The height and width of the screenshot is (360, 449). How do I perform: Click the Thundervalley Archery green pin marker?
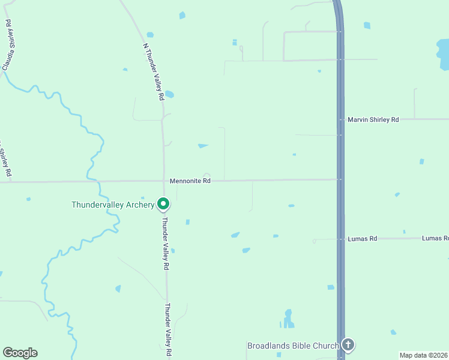point(163,204)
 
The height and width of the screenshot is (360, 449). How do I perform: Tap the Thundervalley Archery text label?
point(113,205)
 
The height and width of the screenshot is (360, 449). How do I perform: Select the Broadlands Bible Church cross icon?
point(348,345)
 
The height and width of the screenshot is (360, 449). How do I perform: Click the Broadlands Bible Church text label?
point(293,346)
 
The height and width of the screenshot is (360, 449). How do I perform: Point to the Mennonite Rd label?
point(190,180)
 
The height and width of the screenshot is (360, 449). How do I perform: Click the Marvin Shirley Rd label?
point(373,120)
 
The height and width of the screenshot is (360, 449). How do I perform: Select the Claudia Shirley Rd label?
point(9,45)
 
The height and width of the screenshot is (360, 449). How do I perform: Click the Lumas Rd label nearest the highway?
point(362,239)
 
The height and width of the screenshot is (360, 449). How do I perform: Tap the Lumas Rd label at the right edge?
point(435,238)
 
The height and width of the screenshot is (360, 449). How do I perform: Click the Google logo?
point(20,353)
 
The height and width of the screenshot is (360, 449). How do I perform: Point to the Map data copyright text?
point(424,355)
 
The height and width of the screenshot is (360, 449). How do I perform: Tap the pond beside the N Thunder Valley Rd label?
point(169,94)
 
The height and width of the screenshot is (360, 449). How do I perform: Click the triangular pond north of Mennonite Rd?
point(203,145)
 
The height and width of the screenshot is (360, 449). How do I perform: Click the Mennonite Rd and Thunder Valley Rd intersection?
point(164,181)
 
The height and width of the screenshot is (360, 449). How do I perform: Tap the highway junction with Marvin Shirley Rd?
point(340,119)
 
